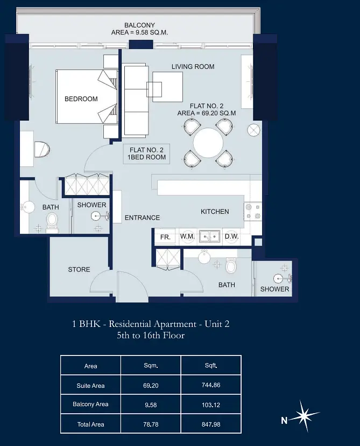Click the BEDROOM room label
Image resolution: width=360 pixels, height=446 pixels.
coord(81,99)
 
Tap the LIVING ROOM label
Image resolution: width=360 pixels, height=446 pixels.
coord(193,67)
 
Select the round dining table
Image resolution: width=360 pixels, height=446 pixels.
coord(208,143)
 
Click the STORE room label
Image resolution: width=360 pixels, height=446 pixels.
coord(79,269)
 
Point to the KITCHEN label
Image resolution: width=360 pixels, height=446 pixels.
coord(215,212)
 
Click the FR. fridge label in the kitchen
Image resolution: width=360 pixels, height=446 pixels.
coord(165,237)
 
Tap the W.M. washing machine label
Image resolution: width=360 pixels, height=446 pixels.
coord(187,236)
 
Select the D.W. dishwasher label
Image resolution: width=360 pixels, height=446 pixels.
coord(231,236)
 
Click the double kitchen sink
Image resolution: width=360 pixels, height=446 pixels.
coord(209,236)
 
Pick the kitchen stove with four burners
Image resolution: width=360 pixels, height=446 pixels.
coord(253,212)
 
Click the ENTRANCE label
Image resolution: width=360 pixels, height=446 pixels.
coord(143,218)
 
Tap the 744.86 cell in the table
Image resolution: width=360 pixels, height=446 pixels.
coord(211,385)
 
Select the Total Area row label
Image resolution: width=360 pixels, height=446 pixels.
coord(90,424)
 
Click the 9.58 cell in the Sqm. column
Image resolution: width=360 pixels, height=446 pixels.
coord(151,405)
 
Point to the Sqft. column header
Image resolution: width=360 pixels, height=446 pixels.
coord(211,366)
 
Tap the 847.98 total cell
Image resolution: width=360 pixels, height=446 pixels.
coord(211,424)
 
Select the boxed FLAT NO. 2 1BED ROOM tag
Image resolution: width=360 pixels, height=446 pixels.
coord(146,154)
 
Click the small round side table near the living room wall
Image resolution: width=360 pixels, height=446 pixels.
coord(253,130)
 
